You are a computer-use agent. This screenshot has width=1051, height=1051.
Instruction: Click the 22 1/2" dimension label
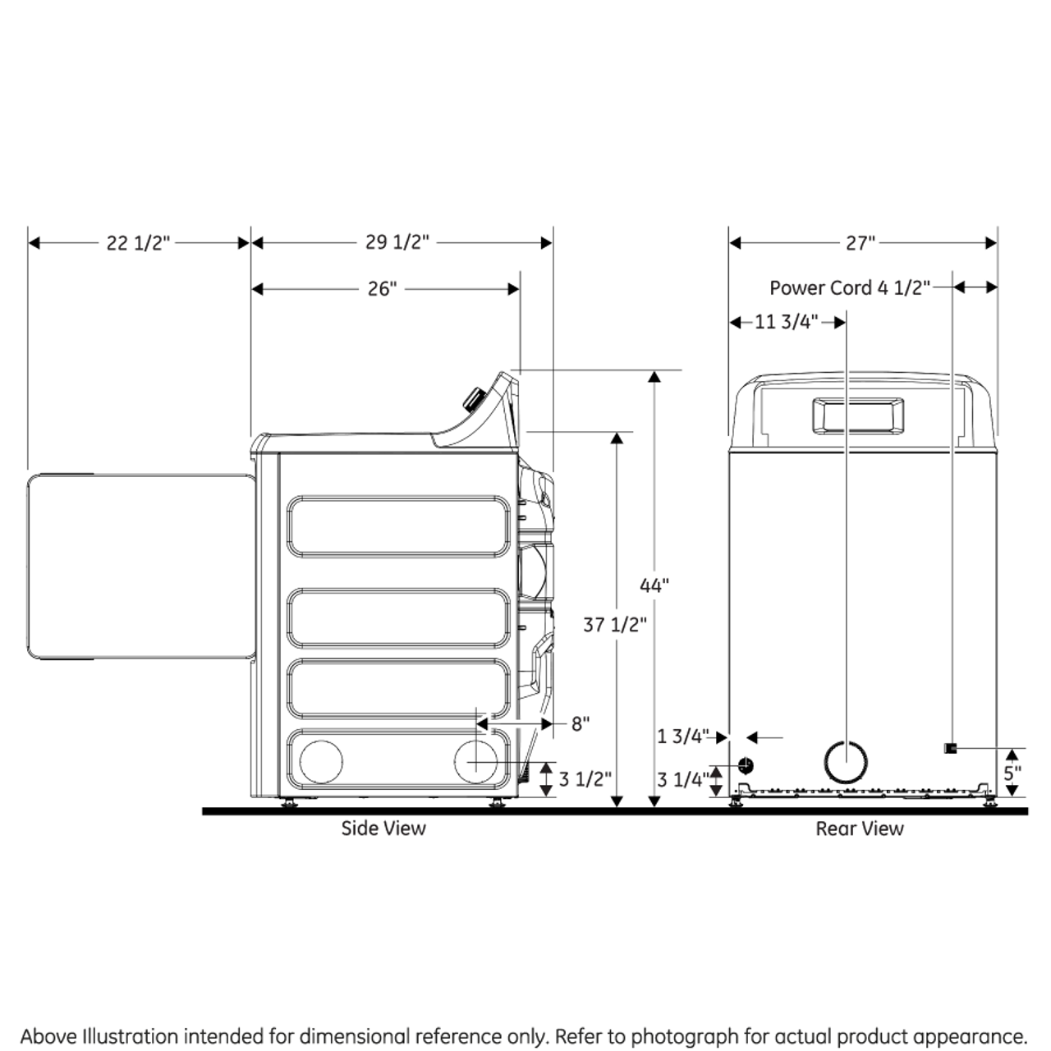(138, 243)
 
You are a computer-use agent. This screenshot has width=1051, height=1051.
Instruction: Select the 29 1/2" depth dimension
(397, 242)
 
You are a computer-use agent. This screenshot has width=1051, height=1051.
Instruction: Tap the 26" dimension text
(382, 289)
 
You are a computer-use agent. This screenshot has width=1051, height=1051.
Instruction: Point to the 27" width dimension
(861, 243)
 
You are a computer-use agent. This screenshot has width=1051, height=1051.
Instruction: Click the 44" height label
(654, 585)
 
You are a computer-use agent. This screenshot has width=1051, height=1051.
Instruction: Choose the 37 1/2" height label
(615, 625)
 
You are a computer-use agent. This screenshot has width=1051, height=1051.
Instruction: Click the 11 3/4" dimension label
(786, 322)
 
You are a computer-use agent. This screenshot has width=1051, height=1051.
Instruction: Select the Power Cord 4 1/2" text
(850, 288)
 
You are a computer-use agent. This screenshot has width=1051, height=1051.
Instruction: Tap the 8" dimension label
(581, 724)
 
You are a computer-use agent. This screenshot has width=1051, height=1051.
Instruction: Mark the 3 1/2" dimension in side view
(585, 778)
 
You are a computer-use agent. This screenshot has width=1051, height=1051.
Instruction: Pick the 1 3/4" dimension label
(682, 737)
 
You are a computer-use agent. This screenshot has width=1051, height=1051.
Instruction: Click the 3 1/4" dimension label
(682, 778)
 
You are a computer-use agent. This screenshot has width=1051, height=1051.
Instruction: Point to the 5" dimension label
(1012, 773)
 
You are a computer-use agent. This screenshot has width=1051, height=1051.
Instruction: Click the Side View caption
(383, 828)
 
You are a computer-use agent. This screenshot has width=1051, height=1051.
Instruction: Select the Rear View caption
(859, 829)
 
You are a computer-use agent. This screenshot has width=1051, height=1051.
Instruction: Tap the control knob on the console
(473, 401)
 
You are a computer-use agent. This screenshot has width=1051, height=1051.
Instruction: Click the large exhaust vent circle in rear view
(845, 762)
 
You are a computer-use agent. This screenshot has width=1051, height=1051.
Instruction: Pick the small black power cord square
(950, 748)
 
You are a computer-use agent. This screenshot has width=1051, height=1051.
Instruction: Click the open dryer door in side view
(140, 567)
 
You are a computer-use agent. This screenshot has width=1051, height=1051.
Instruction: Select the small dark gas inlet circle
(745, 765)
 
